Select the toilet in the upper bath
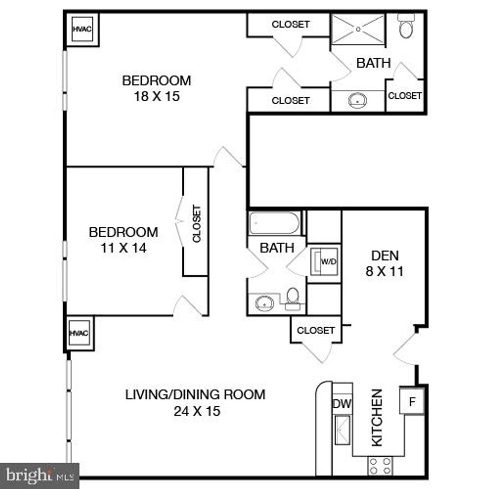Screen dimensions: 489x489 point(406,28)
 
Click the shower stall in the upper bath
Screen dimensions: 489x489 point(358,29)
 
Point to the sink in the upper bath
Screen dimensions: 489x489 point(358,101)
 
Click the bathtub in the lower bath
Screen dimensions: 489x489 point(275,223)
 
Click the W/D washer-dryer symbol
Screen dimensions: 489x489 point(325,262)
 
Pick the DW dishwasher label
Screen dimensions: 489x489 point(342,404)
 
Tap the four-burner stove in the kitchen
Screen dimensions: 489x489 point(380,466)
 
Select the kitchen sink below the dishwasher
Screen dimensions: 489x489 point(342,429)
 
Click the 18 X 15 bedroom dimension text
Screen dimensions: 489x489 point(157,96)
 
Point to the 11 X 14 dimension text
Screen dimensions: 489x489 point(123,248)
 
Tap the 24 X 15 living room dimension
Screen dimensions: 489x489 point(197,411)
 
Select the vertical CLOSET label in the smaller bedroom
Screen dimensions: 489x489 point(196,223)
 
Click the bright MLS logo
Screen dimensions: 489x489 point(39,476)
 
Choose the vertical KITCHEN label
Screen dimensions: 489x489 point(377,418)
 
